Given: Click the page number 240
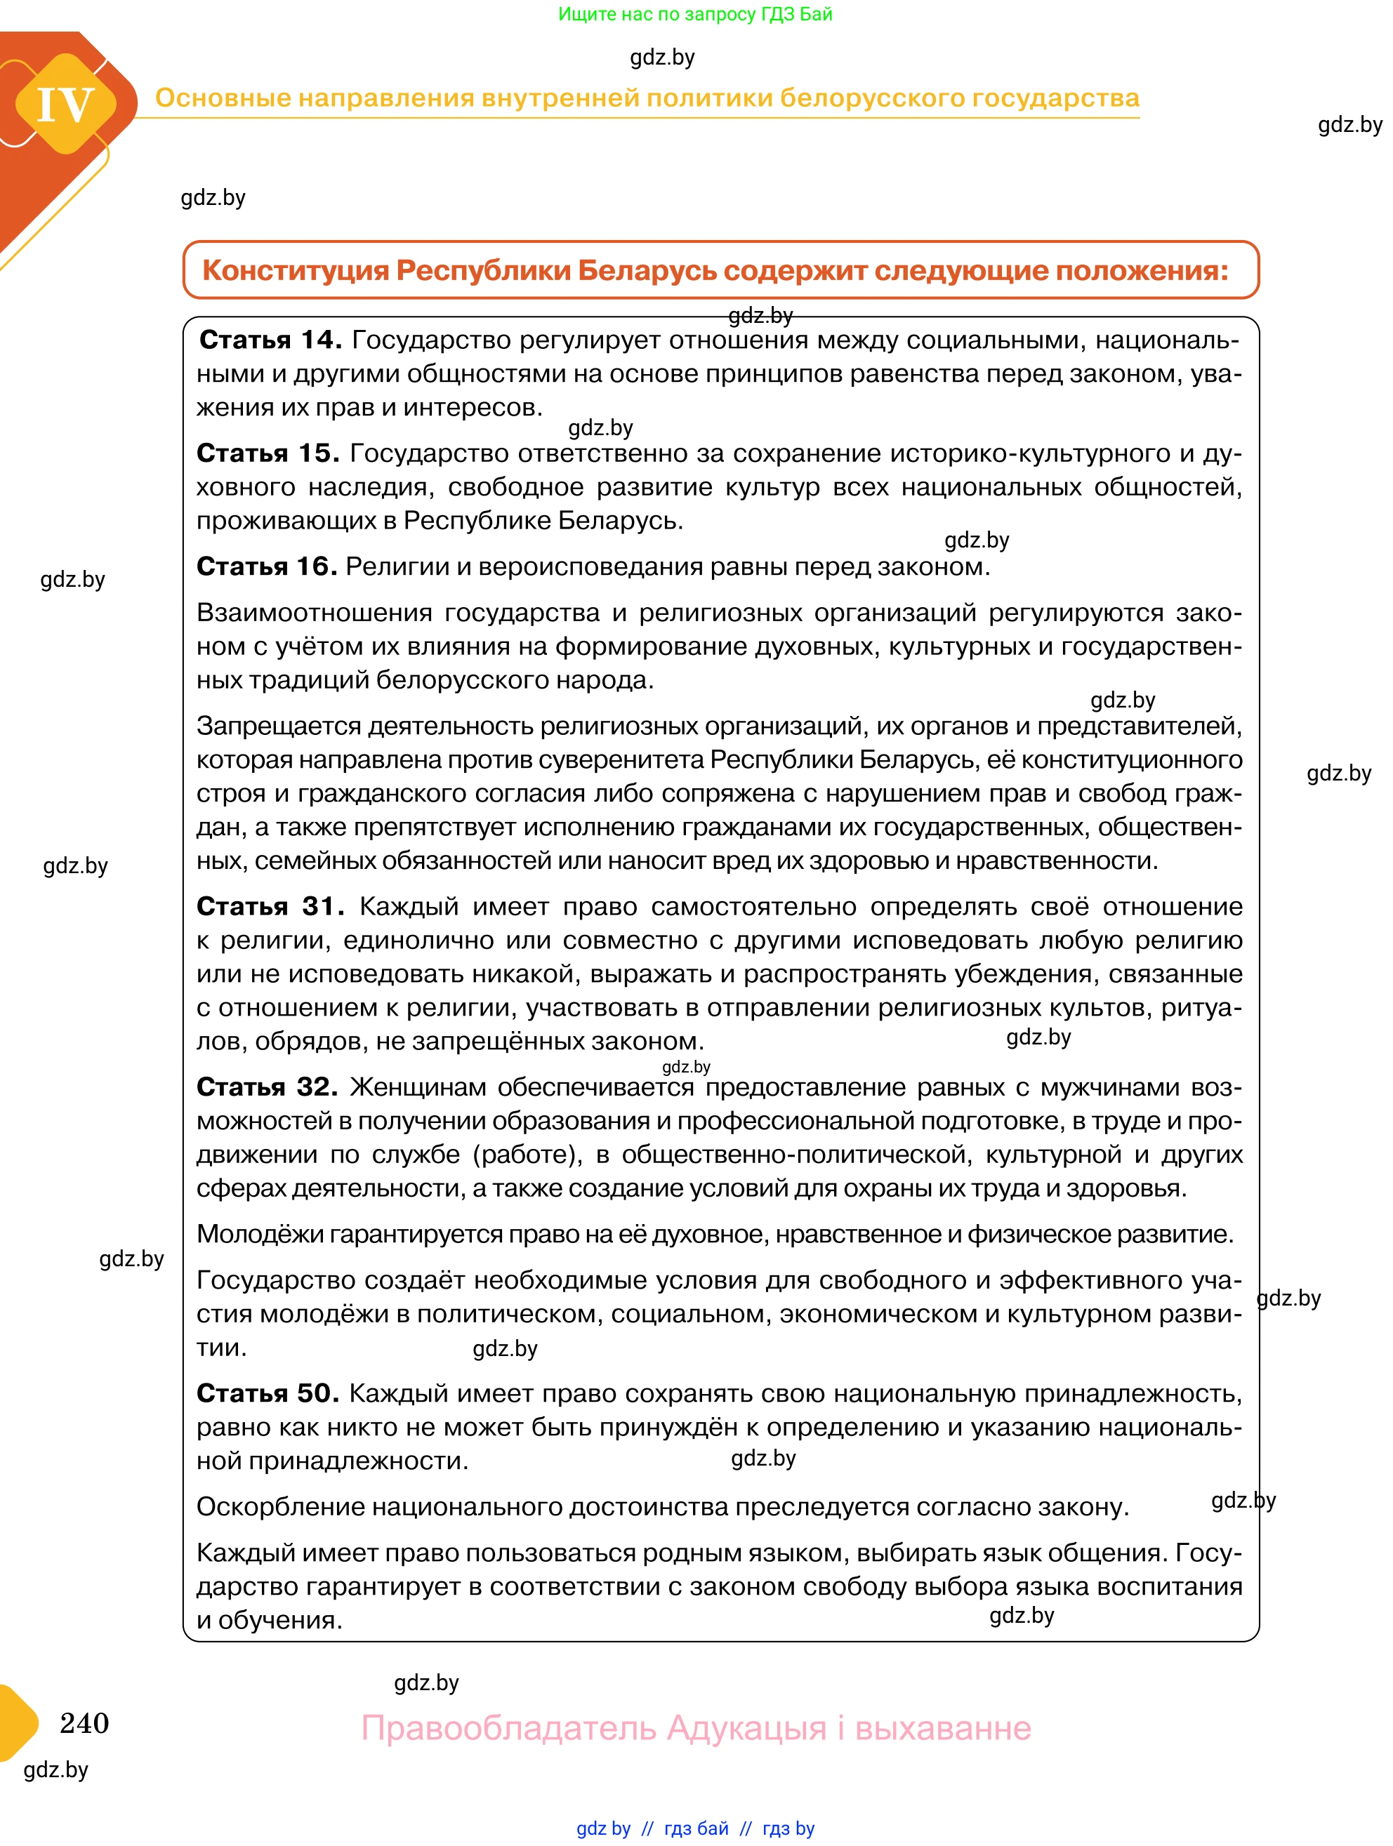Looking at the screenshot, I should pyautogui.click(x=84, y=1722).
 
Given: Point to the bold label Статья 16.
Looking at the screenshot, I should pyautogui.click(x=266, y=566).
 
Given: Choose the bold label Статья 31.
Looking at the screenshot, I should pyautogui.click(x=270, y=906).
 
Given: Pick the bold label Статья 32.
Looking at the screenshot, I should pyautogui.click(x=267, y=1087).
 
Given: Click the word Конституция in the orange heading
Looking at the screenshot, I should pyautogui.click(x=295, y=270).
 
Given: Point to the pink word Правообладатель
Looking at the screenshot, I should pyautogui.click(x=508, y=1727).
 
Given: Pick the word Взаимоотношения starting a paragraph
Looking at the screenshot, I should pyautogui.click(x=313, y=613).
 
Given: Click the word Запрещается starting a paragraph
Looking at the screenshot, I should pyautogui.click(x=278, y=726).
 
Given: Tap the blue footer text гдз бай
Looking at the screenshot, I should pyautogui.click(x=696, y=1828).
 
